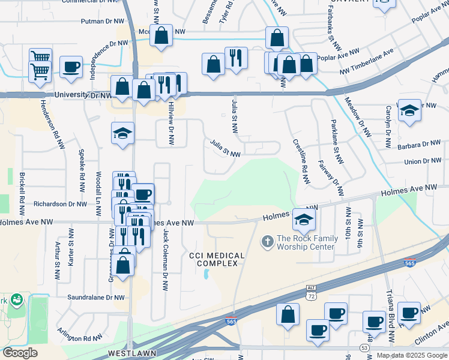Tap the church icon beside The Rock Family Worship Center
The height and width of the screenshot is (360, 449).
[267, 242]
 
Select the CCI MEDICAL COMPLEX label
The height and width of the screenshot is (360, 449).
[217, 260]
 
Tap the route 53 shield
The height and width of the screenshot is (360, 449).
[364, 348]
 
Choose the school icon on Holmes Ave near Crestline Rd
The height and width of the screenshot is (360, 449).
[304, 221]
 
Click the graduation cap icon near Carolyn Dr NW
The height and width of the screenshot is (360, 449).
[409, 111]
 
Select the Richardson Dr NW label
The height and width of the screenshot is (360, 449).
[61, 204]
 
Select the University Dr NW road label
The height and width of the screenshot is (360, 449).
[83, 95]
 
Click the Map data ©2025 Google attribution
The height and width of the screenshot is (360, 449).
[412, 355]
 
